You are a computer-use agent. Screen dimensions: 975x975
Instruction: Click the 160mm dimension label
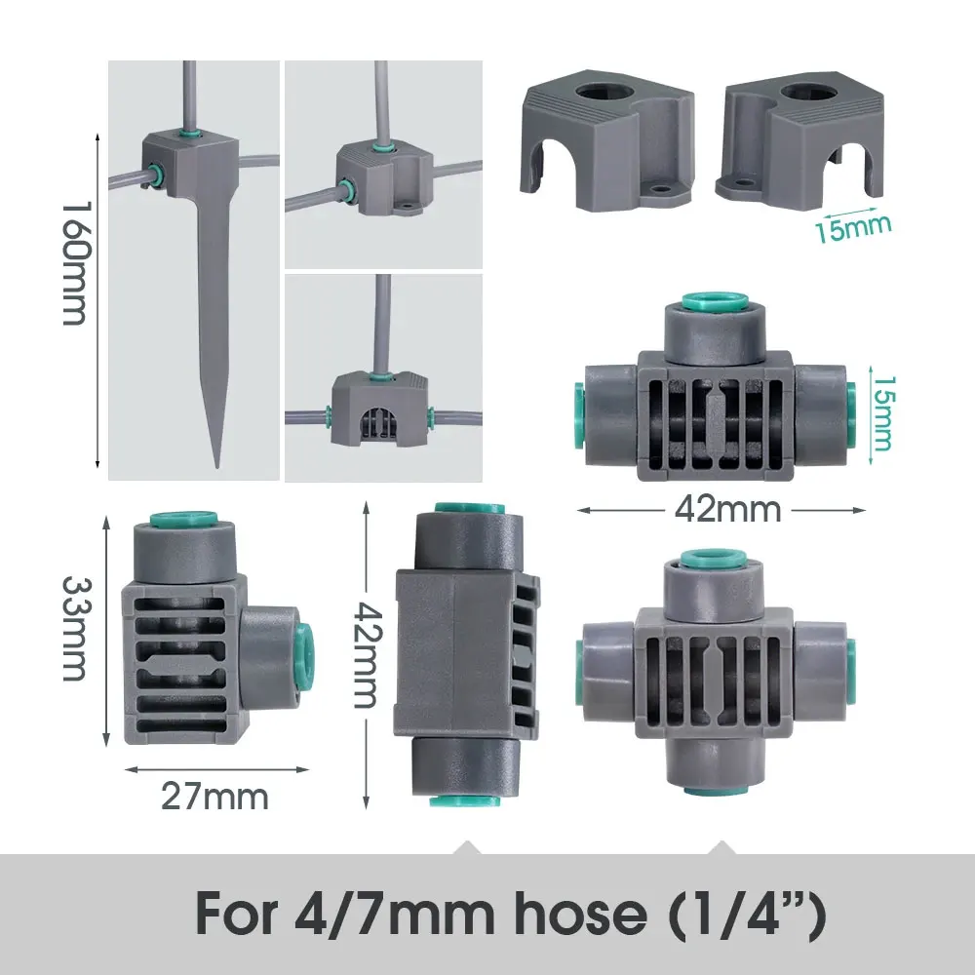[75, 264]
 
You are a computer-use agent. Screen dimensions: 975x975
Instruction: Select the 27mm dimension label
[214, 797]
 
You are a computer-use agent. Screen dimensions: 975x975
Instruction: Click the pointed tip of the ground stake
[218, 462]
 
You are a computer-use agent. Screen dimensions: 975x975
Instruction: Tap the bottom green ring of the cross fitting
[716, 787]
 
